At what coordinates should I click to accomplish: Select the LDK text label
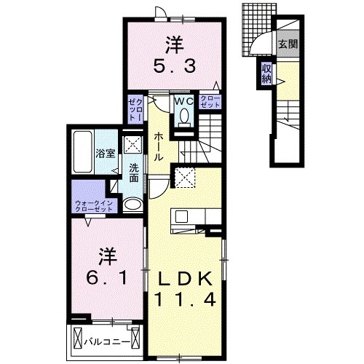[x=183, y=278]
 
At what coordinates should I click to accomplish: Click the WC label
[x=183, y=101]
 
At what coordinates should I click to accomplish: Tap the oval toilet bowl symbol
[x=183, y=116]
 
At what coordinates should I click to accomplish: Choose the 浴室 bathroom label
[x=105, y=153]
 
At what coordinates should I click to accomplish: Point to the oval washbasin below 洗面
[x=132, y=205]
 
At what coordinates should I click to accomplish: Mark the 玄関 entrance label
[x=287, y=44]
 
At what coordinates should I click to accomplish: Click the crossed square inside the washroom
[x=133, y=145]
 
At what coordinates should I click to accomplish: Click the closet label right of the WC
[x=210, y=103]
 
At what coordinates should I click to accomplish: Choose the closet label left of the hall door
[x=135, y=109]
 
